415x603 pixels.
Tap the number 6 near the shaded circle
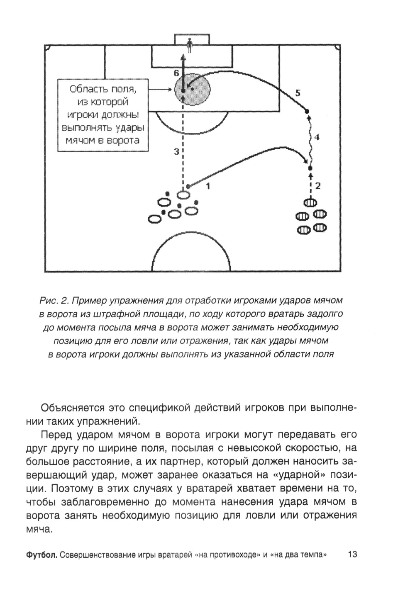click(176, 73)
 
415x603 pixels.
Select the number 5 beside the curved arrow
click(298, 93)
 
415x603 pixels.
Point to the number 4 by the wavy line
click(317, 136)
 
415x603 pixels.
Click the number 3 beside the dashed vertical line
click(176, 152)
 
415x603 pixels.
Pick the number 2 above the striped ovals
click(318, 186)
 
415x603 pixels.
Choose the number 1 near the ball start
click(208, 186)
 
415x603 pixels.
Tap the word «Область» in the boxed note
click(85, 89)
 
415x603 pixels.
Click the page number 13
click(353, 554)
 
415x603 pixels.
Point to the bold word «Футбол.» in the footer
click(41, 555)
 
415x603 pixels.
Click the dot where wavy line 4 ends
click(307, 111)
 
